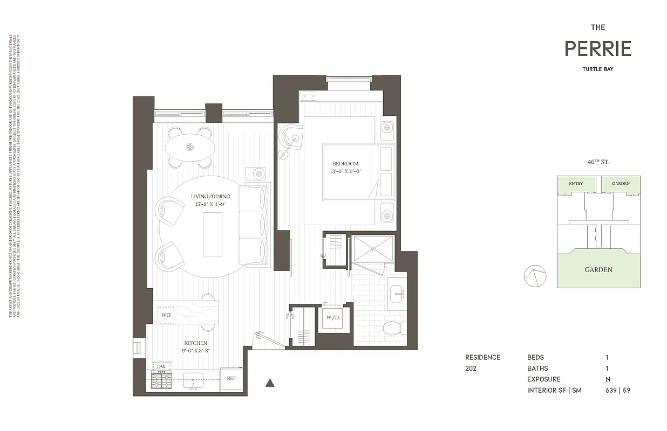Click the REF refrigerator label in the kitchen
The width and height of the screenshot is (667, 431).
231,378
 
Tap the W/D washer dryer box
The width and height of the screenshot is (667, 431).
332,318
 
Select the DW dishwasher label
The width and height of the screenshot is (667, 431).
161,366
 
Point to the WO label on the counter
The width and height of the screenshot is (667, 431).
166,315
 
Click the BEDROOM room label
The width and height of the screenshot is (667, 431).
345,164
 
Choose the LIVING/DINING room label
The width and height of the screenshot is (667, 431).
210,197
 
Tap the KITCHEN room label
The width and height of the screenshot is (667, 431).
195,343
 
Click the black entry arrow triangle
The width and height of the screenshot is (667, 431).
271,384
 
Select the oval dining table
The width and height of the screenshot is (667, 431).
190,147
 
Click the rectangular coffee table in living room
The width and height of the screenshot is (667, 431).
213,234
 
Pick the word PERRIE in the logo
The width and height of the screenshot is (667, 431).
598,49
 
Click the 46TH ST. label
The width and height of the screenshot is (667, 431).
599,162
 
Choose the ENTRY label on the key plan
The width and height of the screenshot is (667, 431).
576,184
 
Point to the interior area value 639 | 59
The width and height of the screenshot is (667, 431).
618,390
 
